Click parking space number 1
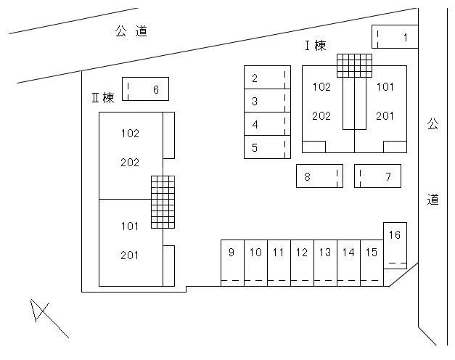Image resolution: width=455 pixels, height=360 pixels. coord(395,37)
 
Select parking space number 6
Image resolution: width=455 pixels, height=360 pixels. coord(146,89)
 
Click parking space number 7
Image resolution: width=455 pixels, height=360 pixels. coord(377,176)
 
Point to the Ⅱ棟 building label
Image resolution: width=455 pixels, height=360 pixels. coord(103,98)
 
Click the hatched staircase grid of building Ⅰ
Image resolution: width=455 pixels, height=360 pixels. coord(354,65)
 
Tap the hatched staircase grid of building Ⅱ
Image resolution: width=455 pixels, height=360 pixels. coord(163,201)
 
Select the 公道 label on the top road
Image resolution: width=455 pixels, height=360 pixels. coord(131,31)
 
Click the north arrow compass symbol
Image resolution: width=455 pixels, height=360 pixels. coord(42,314)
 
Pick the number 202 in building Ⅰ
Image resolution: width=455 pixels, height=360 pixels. coord(321,115)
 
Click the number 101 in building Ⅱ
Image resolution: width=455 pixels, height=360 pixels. coord(130,226)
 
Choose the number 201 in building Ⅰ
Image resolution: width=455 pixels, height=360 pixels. coord(385,115)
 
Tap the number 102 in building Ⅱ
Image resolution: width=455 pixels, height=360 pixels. coord(130,134)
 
